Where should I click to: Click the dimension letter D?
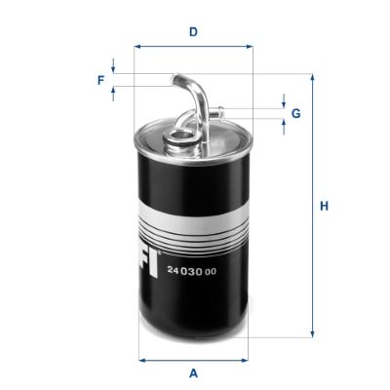193,32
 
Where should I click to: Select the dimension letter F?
100,80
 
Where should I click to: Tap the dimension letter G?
295,113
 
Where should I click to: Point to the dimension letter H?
326,206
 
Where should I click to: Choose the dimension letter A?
193,373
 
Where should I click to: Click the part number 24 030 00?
190,270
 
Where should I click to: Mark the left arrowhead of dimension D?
138,46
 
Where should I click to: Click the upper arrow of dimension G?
284,101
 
